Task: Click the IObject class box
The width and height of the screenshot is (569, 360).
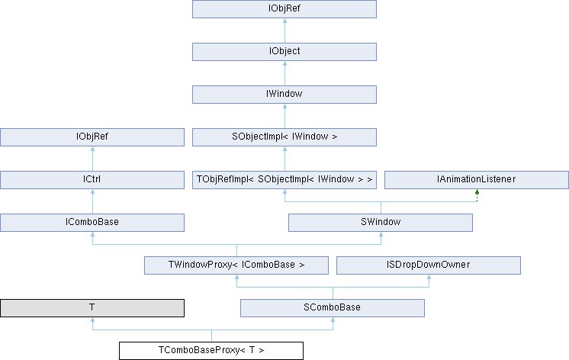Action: (x=284, y=52)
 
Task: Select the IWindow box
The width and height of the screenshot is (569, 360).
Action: (x=284, y=95)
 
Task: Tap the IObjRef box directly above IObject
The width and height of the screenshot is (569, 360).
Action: (x=284, y=8)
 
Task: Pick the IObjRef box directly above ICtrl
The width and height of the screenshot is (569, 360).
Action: (x=92, y=137)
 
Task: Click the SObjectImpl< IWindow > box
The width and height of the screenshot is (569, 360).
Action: (x=284, y=137)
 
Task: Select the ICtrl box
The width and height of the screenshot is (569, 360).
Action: (x=92, y=180)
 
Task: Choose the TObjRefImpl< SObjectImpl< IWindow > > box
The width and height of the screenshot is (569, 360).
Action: (x=284, y=180)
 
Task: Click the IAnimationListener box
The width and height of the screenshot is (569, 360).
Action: (x=477, y=180)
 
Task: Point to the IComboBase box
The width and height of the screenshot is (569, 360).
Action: (x=92, y=223)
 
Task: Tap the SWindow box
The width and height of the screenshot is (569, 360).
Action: (x=381, y=223)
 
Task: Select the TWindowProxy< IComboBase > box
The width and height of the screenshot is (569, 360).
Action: (x=236, y=265)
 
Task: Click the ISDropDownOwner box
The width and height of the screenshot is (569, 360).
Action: (x=429, y=265)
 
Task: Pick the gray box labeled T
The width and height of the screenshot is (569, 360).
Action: (x=92, y=308)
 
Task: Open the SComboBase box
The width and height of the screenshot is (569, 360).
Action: (x=333, y=308)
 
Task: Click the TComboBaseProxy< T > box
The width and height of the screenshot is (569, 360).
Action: (x=211, y=351)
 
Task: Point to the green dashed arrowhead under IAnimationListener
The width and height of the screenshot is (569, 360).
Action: (x=477, y=191)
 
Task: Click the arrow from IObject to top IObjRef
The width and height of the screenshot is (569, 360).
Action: (x=284, y=31)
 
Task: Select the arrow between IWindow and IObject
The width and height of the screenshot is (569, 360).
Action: (x=284, y=73)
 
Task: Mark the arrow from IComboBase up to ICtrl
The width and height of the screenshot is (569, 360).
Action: (x=92, y=201)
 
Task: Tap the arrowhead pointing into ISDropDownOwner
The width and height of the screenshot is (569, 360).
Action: (x=429, y=277)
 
